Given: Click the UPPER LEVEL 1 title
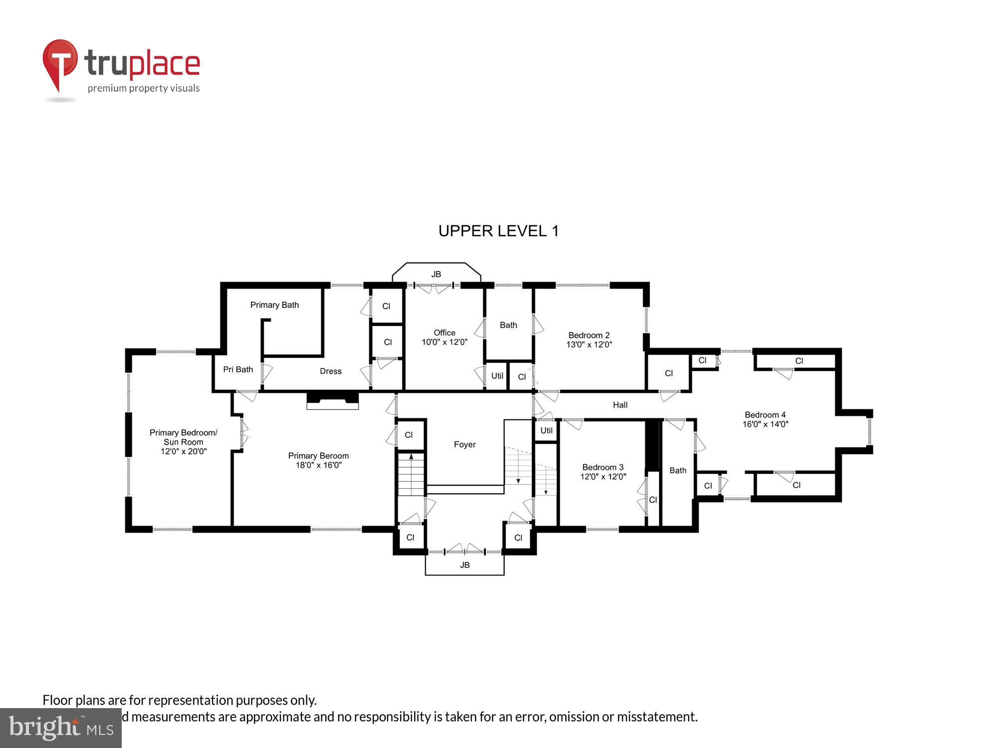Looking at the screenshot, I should [x=499, y=231].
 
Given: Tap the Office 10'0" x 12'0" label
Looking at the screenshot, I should [x=444, y=337].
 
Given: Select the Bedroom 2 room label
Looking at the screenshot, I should [x=589, y=340].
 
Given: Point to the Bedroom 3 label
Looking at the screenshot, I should [x=603, y=472].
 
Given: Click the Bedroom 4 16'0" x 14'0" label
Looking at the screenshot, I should [x=765, y=419].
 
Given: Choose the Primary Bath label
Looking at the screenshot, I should [x=274, y=305].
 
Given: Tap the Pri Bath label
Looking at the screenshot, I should [x=238, y=370].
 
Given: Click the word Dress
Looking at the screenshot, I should [x=330, y=371].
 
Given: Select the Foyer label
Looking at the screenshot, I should [x=465, y=444].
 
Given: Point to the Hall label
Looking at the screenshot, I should [x=620, y=405].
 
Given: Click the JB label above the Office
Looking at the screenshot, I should [x=436, y=274].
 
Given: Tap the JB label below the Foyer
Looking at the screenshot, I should [x=465, y=565].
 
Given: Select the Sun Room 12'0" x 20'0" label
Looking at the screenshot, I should [x=183, y=442].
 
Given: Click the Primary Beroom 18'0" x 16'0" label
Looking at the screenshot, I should [x=318, y=460].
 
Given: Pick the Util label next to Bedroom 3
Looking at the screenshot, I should [x=546, y=430].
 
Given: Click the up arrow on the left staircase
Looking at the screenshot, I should [x=411, y=456].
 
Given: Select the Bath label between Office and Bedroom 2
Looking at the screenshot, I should [x=508, y=325].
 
